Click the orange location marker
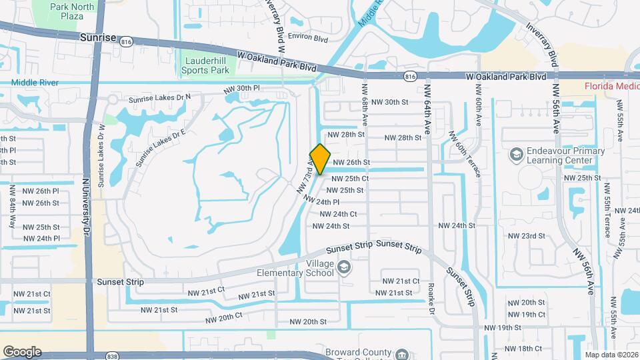pyautogui.click(x=320, y=159)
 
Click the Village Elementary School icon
pyautogui.click(x=344, y=268)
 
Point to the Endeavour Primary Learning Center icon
pyautogui.click(x=515, y=155)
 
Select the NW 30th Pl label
pyautogui.click(x=241, y=88)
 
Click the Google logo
pyautogui.click(x=22, y=351)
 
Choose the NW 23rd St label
pyautogui.click(x=526, y=236)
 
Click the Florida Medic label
pyautogui.click(x=611, y=86)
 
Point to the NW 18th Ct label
pyautogui.click(x=523, y=349)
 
